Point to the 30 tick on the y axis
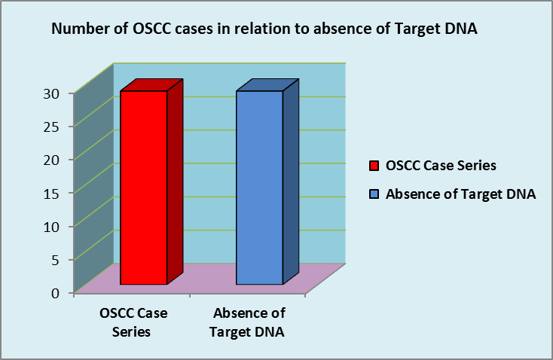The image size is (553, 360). (x=51, y=93)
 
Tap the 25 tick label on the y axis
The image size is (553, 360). (x=51, y=127)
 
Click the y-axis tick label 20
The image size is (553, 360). (x=51, y=160)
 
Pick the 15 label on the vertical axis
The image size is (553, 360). (x=51, y=193)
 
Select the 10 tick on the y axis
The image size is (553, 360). (x=51, y=227)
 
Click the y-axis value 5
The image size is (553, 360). (x=56, y=260)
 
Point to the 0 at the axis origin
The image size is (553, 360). (x=56, y=293)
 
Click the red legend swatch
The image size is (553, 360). (x=374, y=166)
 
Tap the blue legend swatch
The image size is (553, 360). (x=374, y=194)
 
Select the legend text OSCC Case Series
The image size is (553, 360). (x=441, y=166)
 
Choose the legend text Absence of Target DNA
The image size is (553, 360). (x=460, y=194)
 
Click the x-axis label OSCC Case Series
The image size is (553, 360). (x=133, y=322)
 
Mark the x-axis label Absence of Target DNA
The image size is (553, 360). (x=248, y=322)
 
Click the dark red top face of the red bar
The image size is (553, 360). (x=151, y=85)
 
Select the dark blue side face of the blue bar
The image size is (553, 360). (x=291, y=182)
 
